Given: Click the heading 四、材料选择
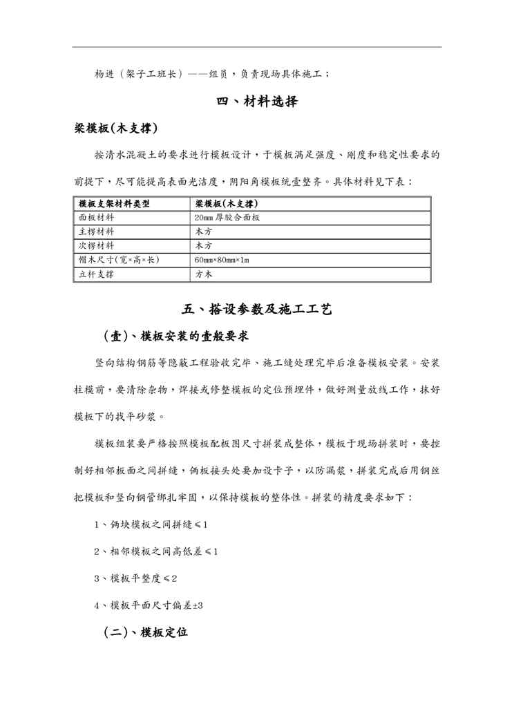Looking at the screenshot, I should tap(257, 102).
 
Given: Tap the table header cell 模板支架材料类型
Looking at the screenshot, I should tap(114, 204).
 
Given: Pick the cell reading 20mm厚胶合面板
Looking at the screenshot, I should tap(227, 218).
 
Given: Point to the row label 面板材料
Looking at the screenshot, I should tap(97, 218).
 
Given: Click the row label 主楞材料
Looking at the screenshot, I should tap(97, 232).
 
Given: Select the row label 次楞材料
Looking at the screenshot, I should tap(97, 245).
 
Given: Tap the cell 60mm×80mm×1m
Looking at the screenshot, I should tap(222, 260).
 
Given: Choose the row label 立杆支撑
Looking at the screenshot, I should tap(97, 274).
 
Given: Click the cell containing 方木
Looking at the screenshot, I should tap(204, 274).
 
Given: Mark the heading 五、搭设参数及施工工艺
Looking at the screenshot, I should tap(257, 310).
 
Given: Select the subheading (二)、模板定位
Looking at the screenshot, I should tap(145, 632).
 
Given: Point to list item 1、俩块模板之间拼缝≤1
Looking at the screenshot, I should tap(151, 525).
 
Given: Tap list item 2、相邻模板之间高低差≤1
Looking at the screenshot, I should tap(155, 551).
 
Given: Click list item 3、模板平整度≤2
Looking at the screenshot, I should tap(136, 578).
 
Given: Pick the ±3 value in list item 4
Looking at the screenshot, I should tap(197, 605).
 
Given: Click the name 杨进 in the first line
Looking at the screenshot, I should tap(104, 73).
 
